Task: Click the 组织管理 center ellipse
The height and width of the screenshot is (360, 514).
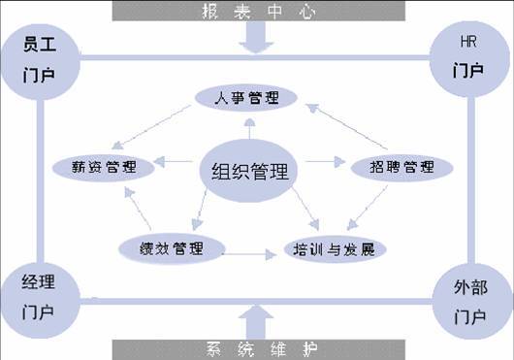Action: tap(249, 172)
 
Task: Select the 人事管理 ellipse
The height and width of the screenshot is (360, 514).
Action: tap(249, 97)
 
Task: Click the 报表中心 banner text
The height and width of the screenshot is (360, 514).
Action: tap(257, 11)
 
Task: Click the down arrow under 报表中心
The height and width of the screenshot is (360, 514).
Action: tap(257, 38)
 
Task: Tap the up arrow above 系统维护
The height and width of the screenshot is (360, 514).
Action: tap(257, 320)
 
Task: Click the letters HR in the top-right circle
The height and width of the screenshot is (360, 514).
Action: tap(467, 44)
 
